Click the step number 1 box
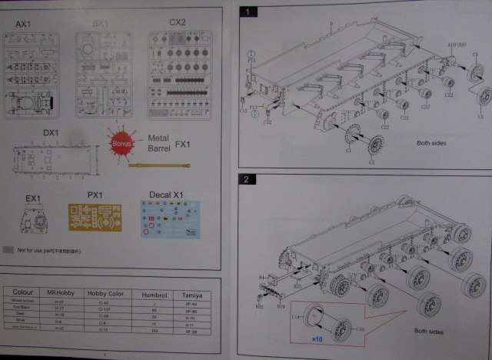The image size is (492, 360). pos(248,12)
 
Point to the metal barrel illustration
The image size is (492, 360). pos(165,164)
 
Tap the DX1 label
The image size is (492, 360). pos(51,132)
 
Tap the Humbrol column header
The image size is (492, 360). pos(154,293)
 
